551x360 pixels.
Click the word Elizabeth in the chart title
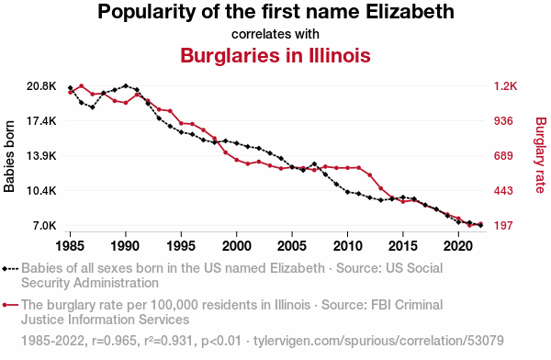[410, 11]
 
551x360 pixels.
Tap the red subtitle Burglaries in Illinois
[275, 55]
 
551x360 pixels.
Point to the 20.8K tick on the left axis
[41, 85]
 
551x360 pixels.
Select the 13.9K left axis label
[41, 156]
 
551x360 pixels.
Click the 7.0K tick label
[45, 225]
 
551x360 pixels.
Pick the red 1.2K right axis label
[505, 85]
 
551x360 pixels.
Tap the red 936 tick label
[503, 121]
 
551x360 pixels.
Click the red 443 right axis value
[503, 191]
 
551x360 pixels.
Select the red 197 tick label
[503, 225]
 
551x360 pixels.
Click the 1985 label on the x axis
[70, 246]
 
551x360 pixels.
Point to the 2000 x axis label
[237, 246]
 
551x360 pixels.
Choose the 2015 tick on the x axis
[403, 246]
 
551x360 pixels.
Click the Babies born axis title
[9, 156]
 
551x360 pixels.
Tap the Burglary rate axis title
[541, 155]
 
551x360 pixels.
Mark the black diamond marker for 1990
[126, 85]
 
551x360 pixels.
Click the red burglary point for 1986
[81, 85]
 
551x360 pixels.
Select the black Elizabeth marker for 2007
[314, 164]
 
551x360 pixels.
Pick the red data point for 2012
[370, 174]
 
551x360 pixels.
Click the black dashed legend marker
[10, 269]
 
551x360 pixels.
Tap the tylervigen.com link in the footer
[378, 341]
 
